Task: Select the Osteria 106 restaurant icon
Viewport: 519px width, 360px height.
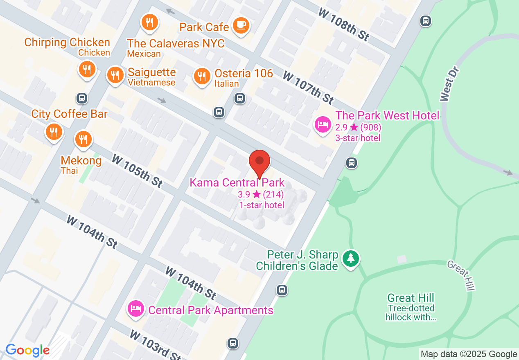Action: pos(202,76)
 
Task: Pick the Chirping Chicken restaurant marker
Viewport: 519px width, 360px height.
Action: pos(87,69)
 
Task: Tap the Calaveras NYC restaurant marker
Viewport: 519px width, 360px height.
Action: pos(150,22)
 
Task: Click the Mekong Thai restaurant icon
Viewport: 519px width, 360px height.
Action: pos(83,139)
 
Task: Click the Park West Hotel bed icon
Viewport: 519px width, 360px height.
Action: pos(323,124)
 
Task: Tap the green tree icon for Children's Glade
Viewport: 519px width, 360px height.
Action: pos(351,258)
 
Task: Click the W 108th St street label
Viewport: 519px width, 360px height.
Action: pos(344,25)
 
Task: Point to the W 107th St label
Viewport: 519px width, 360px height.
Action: pos(308,87)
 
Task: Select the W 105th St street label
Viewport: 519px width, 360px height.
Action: pos(137,171)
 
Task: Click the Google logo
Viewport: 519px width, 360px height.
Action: pos(27,350)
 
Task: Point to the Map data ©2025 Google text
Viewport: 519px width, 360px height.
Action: pos(469,354)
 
